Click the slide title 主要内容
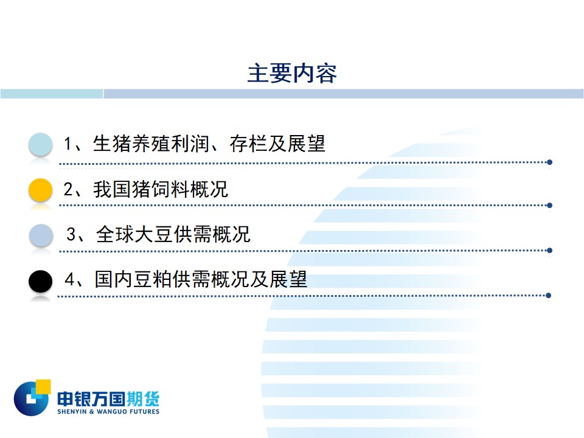[292, 73]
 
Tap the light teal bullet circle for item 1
[40, 144]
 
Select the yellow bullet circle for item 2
[40, 190]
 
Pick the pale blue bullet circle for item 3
[41, 235]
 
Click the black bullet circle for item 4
[40, 281]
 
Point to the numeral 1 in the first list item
[68, 144]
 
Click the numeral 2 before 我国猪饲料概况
[68, 189]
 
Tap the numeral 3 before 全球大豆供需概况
[71, 234]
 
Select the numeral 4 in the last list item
[69, 279]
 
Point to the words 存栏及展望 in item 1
[277, 144]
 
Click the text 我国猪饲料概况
[160, 189]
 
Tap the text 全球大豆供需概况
[173, 234]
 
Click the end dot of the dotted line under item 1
[549, 162]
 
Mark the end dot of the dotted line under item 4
[548, 296]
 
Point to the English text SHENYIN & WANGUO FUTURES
[108, 412]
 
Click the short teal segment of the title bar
[51, 94]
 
